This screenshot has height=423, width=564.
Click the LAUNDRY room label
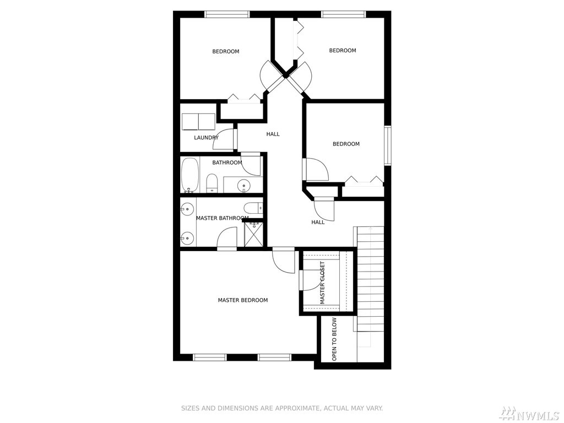[206, 137]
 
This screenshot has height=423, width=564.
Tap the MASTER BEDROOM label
[243, 300]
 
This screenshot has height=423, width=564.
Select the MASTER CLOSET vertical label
[322, 283]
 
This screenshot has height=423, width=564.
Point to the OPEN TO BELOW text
[334, 339]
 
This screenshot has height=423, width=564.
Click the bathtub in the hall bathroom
[189, 175]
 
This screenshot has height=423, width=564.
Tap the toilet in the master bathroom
[253, 208]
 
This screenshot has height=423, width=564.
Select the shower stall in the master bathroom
[253, 234]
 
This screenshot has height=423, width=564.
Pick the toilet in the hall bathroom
[212, 183]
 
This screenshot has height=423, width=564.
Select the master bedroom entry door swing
[284, 261]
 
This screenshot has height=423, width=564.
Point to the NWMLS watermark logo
[530, 414]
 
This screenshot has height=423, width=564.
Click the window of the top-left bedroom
[227, 14]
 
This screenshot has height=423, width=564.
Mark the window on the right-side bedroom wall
[388, 145]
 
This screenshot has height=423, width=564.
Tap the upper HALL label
[273, 134]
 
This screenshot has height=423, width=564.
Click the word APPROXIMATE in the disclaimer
[297, 408]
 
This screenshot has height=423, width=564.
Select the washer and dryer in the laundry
[198, 122]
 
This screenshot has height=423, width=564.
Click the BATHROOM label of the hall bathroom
[227, 162]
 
